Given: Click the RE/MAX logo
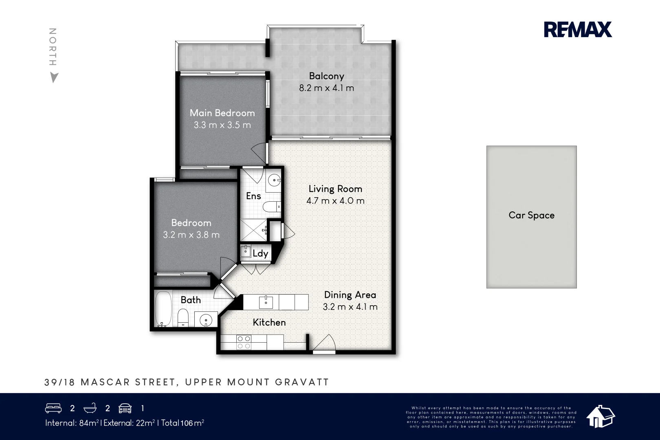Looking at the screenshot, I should point(578,29).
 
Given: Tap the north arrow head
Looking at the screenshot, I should point(54,77).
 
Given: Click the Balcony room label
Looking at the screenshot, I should point(326,76).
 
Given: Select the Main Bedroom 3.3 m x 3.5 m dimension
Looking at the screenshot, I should point(222,125).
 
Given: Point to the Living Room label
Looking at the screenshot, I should point(335,189).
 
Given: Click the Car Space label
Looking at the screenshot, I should point(531,215).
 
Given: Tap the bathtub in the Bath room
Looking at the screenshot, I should point(163,308).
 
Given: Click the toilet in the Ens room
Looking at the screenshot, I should point(271,207).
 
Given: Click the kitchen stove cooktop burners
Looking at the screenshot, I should point(244,342).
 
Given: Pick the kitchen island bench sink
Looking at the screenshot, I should point(266,302).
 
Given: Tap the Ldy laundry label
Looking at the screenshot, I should point(260,253).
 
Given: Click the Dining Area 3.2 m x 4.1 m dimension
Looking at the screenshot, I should point(350,307).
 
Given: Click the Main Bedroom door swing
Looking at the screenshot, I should point(259,153).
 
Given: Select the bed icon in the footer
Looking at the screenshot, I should point(53,408).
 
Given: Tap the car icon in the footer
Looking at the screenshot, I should point(125,408).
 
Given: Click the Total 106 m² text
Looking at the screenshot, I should point(183,423).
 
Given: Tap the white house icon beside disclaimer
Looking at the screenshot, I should point(600,416).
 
